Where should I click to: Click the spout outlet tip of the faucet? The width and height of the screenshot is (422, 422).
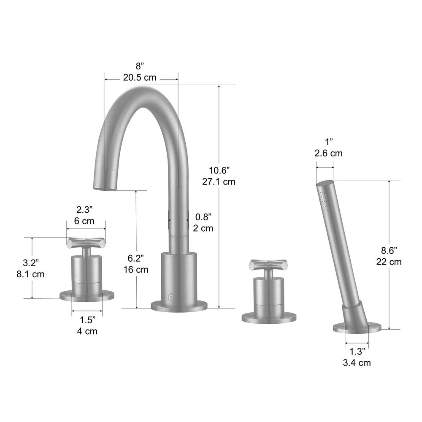coord(103,185)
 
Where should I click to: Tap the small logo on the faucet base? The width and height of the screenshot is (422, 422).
coord(171,295)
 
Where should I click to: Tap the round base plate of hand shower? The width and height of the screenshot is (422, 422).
coord(357,327)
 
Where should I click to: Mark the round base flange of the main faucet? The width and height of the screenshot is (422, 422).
coord(179,305)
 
